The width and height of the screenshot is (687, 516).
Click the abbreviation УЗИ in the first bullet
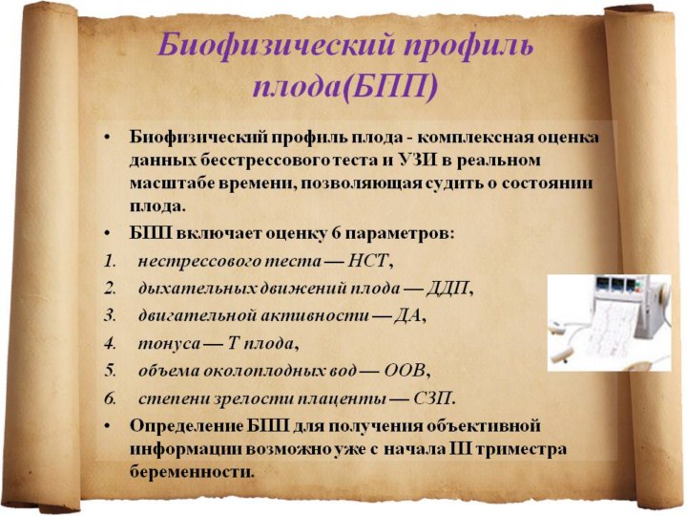click(418, 161)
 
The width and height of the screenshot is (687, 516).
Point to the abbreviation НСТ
click(367, 262)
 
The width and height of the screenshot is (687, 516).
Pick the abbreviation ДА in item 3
click(407, 316)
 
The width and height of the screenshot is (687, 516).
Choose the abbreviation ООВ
click(405, 371)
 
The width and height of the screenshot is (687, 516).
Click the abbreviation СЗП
click(432, 398)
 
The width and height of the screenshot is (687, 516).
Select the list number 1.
click(110, 262)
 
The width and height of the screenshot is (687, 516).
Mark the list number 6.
click(110, 398)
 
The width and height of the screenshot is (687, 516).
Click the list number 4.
click(110, 344)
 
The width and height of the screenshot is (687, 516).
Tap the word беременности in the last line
click(191, 473)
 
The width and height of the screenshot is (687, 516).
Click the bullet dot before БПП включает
click(107, 234)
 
